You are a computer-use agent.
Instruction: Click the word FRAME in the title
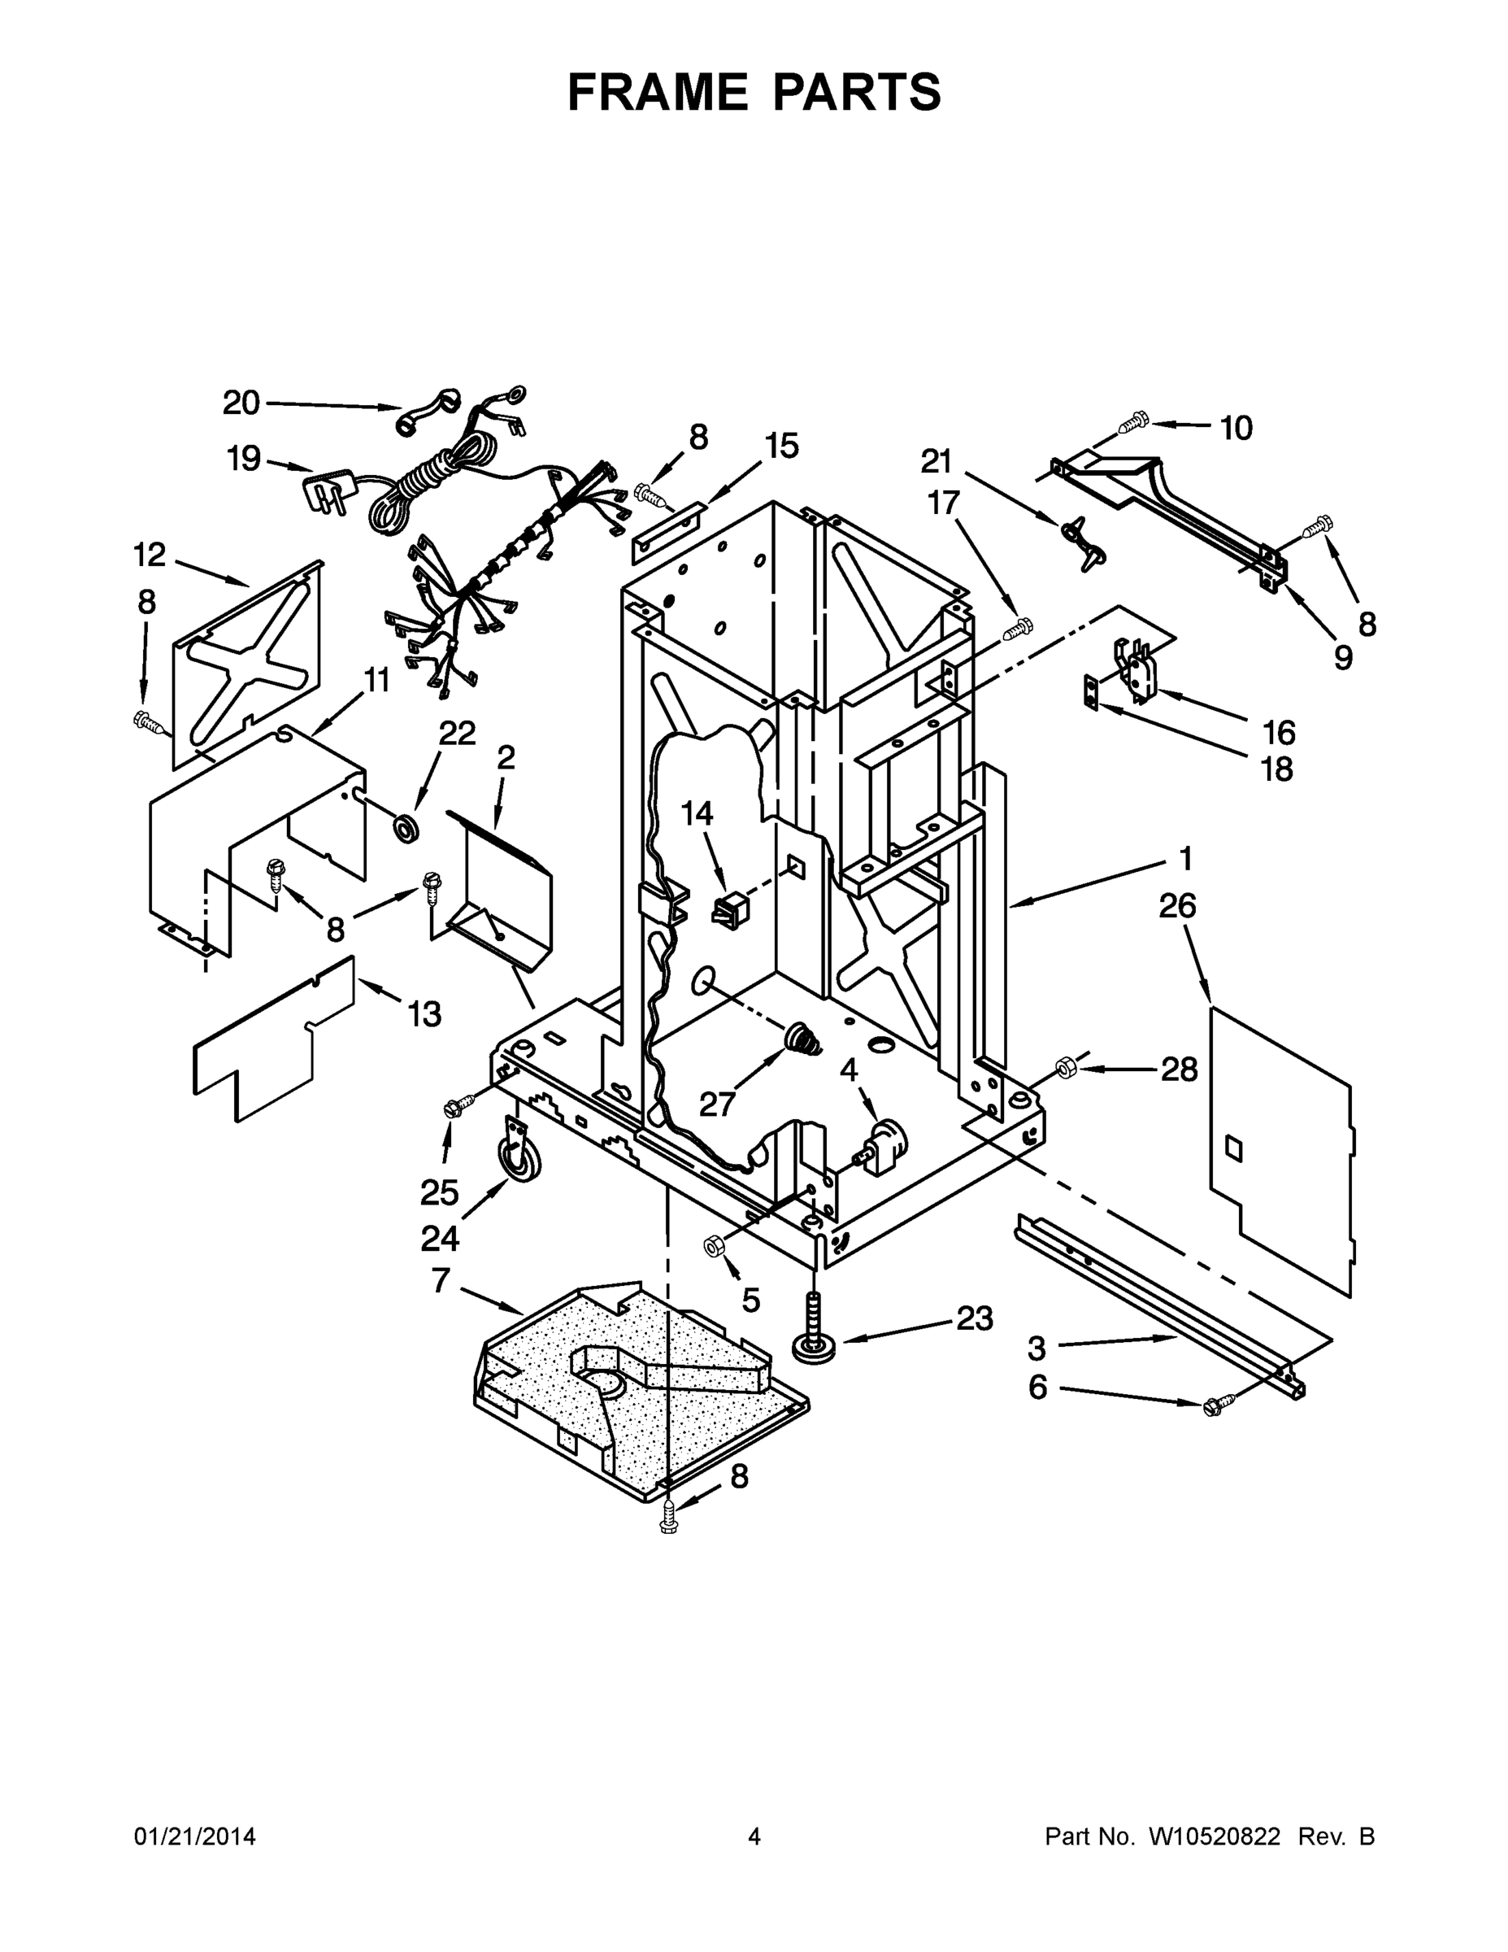click(x=658, y=92)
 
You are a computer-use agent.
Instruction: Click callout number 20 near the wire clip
click(x=241, y=403)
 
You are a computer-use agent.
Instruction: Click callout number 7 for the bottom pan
click(x=441, y=1281)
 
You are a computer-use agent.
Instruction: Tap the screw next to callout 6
click(x=1217, y=1405)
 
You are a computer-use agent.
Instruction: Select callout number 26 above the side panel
click(x=1176, y=906)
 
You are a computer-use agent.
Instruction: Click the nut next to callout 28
click(x=1065, y=1066)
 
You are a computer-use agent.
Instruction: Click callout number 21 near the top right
click(x=937, y=461)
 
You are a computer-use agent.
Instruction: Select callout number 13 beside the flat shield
click(x=424, y=1013)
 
